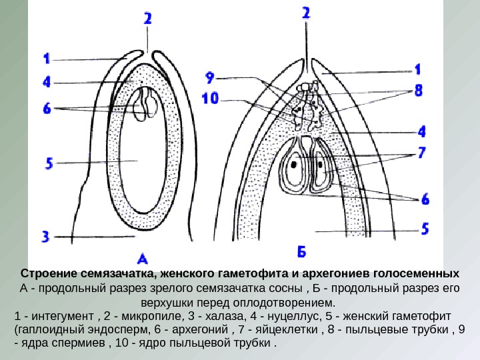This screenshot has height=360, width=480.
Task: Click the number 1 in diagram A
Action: [46, 59]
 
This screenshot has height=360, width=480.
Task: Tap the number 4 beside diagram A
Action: [47, 83]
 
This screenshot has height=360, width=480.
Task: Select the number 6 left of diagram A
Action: [47, 107]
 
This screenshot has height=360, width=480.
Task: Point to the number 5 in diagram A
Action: [47, 162]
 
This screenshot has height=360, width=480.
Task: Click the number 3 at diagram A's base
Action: [46, 235]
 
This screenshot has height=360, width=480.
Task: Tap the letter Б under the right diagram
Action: [301, 251]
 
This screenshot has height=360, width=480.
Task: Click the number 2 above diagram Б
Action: [305, 13]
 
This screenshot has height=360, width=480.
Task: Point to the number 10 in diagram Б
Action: [210, 99]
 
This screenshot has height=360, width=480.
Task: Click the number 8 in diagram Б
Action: [418, 89]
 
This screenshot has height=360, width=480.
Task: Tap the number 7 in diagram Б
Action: [421, 153]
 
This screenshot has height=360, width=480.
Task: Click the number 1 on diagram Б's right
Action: [418, 69]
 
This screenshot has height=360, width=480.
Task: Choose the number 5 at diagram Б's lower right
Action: [425, 229]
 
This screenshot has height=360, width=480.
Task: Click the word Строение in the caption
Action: [47, 274]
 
